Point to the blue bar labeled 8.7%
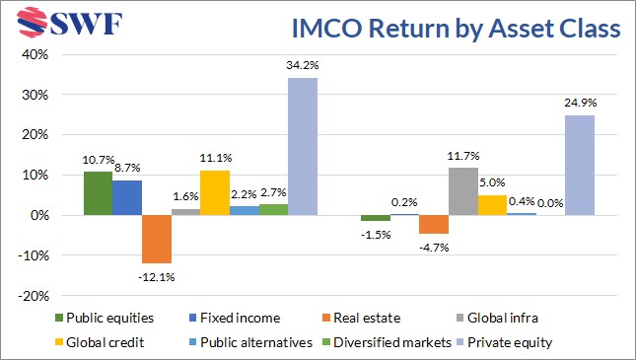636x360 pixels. pos(127,197)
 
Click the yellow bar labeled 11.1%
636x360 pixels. pos(215,192)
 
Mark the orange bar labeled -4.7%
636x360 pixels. pos(434,224)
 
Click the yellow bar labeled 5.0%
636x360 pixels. pos(492,204)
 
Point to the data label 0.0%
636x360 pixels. pos(549,203)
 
